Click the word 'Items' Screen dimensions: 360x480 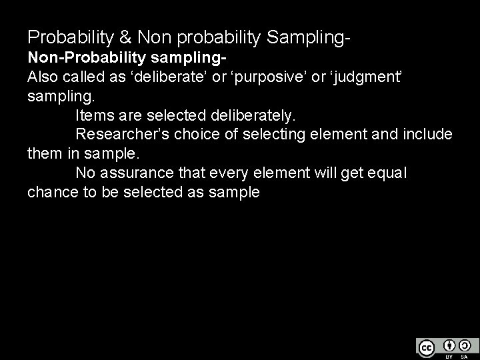click(x=95, y=115)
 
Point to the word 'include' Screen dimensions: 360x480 click(x=428, y=135)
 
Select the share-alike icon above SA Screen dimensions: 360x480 click(x=464, y=345)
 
